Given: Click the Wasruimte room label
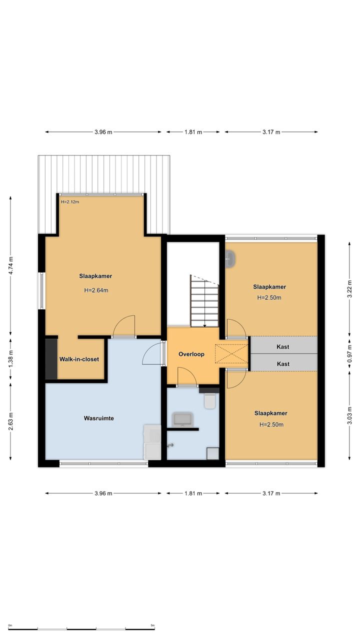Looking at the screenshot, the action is point(99,418).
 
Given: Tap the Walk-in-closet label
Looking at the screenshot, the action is point(79,359).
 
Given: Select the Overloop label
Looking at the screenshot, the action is point(191,354).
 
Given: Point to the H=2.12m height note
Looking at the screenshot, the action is point(70,201).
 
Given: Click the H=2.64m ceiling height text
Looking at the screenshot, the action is point(96,290).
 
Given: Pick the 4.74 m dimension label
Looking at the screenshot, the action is point(10,265).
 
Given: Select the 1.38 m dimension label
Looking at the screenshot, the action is point(10,359).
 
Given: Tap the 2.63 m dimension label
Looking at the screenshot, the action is point(10,421).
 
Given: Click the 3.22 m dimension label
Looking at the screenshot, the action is point(349,288).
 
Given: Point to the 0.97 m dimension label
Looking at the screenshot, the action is point(349,353).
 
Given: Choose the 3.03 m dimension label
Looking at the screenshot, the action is point(349,415).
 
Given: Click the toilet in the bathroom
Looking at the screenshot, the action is point(209,401).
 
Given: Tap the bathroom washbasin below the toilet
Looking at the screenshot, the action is point(183,419).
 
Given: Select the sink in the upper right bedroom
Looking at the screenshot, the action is point(230,259).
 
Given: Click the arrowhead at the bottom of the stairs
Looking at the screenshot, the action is point(204,325).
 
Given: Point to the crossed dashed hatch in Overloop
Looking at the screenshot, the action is point(231,354).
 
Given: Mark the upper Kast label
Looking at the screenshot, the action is point(283,347).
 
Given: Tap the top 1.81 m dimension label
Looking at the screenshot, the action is point(193,132).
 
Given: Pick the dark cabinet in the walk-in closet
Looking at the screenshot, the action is point(51,359).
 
